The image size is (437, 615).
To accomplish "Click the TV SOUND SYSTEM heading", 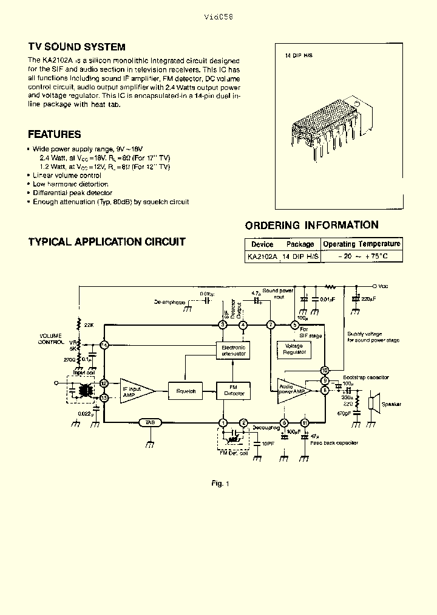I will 76,47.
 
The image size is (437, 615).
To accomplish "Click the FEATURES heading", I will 55,134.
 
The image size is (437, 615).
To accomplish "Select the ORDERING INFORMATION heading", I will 311,225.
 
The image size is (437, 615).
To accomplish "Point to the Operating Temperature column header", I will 362,244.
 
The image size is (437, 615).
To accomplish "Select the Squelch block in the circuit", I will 186,391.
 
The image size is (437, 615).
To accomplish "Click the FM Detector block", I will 234,391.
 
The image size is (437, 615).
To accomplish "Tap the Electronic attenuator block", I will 233,349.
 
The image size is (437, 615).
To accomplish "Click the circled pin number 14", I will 104,345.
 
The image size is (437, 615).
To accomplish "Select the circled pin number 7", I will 271,325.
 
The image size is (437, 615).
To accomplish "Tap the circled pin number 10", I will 325,370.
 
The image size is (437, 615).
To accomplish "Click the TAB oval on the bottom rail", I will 149,422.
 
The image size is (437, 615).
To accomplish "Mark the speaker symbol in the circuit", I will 374,404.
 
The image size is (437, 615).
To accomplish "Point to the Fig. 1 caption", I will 220,483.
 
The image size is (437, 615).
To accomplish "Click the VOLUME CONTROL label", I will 52,338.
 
